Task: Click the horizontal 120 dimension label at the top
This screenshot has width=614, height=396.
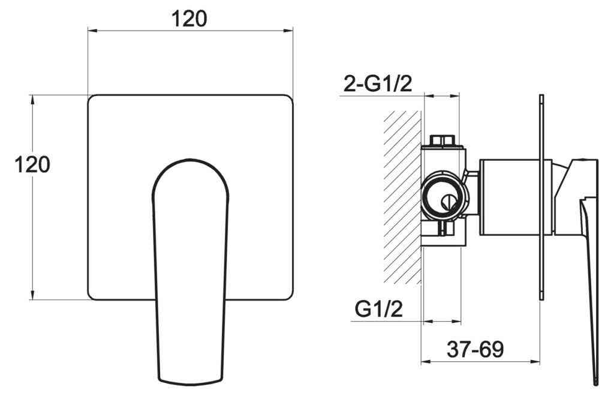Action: (x=189, y=19)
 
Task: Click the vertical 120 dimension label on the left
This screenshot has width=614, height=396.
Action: (x=32, y=164)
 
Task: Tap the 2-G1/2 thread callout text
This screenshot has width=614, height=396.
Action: (x=378, y=85)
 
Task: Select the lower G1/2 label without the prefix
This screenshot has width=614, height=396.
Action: (x=378, y=310)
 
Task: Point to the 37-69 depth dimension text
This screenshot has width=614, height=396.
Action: (x=475, y=349)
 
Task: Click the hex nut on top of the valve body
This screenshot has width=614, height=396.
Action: (x=444, y=141)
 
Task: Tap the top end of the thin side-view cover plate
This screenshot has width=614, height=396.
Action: (x=541, y=97)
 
